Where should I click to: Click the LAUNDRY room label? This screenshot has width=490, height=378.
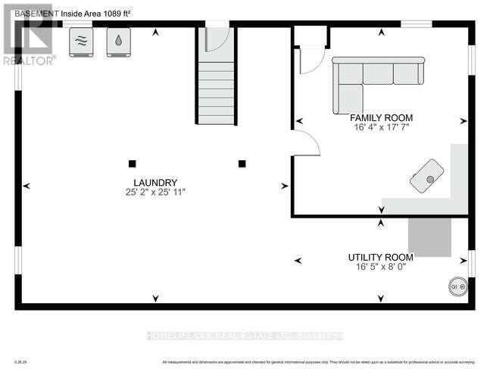click(155, 182)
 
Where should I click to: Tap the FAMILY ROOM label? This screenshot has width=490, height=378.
click(380, 118)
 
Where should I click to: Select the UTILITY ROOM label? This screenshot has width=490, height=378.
click(380, 257)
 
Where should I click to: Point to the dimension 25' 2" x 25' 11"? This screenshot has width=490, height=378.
click(155, 193)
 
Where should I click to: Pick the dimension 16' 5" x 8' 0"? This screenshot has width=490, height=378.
click(380, 267)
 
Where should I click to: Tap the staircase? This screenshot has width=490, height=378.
click(216, 91)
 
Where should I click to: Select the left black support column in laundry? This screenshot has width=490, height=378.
click(132, 163)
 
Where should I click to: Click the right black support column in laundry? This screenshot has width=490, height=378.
click(242, 163)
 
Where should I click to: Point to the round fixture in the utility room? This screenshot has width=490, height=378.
click(457, 286)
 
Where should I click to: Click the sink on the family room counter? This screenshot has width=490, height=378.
click(427, 177)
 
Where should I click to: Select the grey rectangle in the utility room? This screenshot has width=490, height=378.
click(429, 236)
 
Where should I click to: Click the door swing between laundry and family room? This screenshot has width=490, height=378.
click(305, 144)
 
